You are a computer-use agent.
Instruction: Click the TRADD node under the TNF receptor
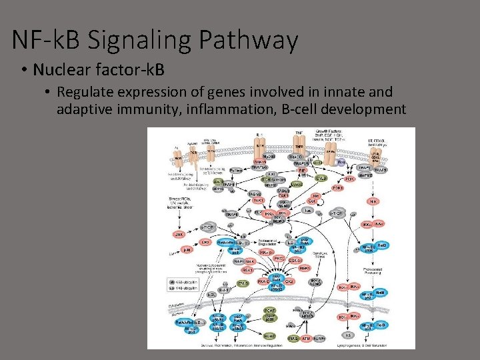click(296, 157)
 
